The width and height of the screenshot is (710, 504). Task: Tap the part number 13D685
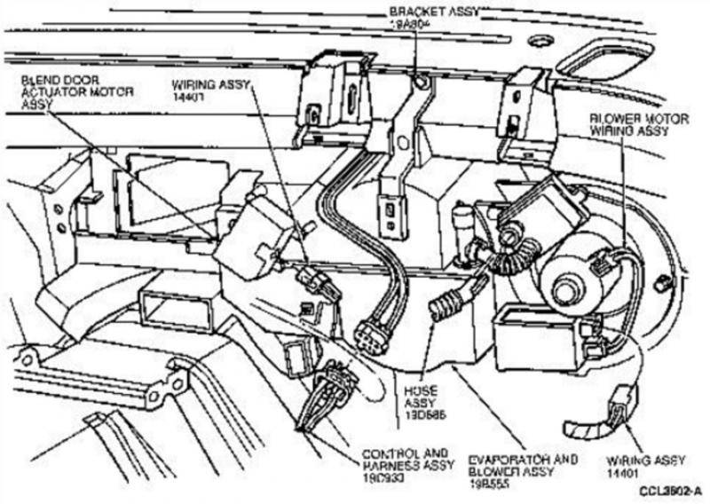pyautogui.click(x=418, y=414)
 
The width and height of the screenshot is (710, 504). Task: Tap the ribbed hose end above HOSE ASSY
pyautogui.click(x=442, y=307)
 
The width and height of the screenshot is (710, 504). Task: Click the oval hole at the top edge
pyautogui.click(x=539, y=41)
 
